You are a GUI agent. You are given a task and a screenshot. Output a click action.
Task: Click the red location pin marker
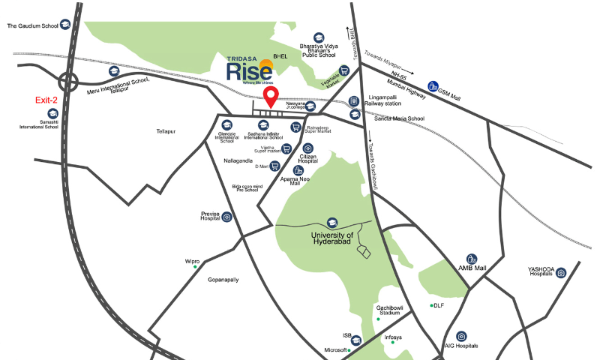pyautogui.click(x=273, y=97)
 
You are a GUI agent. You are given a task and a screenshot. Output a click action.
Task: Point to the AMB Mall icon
pyautogui.click(x=472, y=258)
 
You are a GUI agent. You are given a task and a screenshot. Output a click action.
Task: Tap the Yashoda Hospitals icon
pyautogui.click(x=560, y=272)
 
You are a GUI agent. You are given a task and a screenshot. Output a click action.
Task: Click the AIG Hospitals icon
pyautogui.click(x=461, y=336)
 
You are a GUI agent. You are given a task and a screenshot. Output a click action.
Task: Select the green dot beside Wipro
pyautogui.click(x=196, y=266)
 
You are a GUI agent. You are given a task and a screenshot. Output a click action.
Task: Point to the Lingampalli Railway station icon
pyautogui.click(x=355, y=100)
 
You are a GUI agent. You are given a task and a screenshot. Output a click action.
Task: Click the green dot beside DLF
pyautogui.click(x=430, y=305)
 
